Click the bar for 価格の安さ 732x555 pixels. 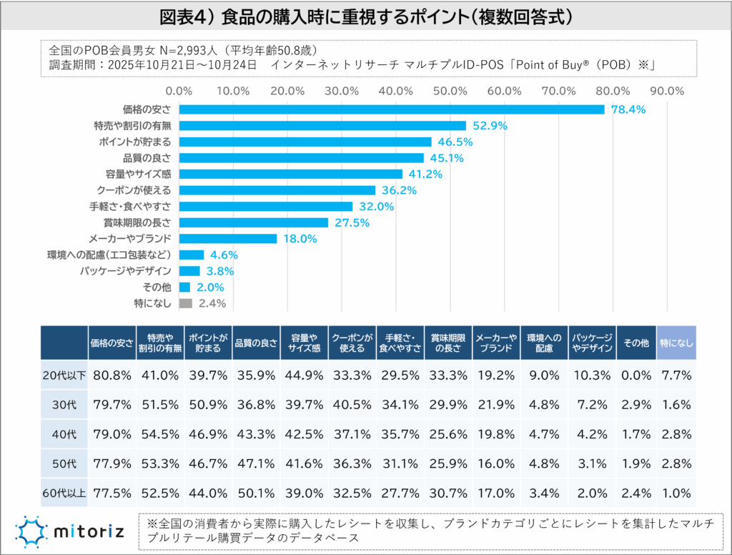[x=391, y=109]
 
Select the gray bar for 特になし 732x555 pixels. [x=185, y=303]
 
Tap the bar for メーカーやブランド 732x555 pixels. [x=227, y=239]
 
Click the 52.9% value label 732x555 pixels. [x=490, y=126]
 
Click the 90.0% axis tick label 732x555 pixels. [x=667, y=91]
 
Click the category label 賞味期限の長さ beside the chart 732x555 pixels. [x=137, y=222]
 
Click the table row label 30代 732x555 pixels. [x=64, y=404]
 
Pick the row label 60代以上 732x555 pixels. [x=64, y=493]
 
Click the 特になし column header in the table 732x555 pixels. [x=676, y=343]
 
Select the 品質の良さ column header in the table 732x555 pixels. [x=255, y=343]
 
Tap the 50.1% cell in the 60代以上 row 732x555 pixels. [x=255, y=493]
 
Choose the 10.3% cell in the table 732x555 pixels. [x=591, y=375]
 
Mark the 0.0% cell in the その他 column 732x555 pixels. [x=635, y=375]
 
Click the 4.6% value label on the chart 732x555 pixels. [x=223, y=255]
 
